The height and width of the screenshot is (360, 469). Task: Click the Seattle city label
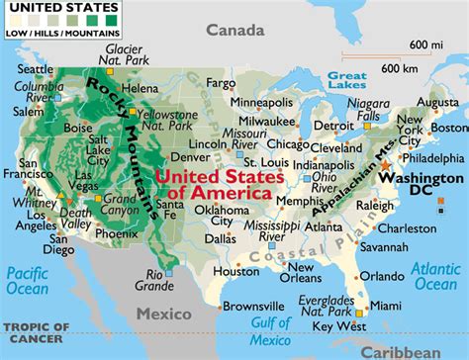point(33,68)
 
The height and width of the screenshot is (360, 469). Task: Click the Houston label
point(236,270)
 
